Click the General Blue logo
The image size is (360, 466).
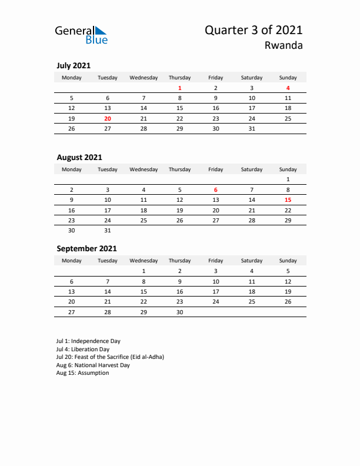click(x=81, y=35)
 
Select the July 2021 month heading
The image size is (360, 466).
click(x=74, y=66)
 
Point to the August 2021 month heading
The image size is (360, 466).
click(x=79, y=157)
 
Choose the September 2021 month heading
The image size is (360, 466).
click(x=86, y=248)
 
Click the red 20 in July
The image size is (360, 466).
click(x=108, y=118)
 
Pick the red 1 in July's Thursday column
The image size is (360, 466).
click(x=179, y=88)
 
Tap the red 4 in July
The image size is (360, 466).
click(x=288, y=88)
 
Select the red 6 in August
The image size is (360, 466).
click(x=216, y=189)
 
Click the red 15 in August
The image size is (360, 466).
click(x=288, y=199)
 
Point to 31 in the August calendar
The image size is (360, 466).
click(x=108, y=230)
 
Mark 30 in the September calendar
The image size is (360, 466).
click(x=179, y=312)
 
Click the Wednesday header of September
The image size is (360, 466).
click(x=144, y=261)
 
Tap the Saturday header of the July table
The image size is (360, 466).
click(x=252, y=78)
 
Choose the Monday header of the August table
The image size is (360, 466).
click(x=72, y=169)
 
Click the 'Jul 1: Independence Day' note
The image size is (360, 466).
click(x=88, y=341)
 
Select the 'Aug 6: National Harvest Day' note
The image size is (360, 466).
click(x=93, y=365)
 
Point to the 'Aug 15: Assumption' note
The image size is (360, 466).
click(x=82, y=373)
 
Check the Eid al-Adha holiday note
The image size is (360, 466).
click(x=110, y=357)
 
